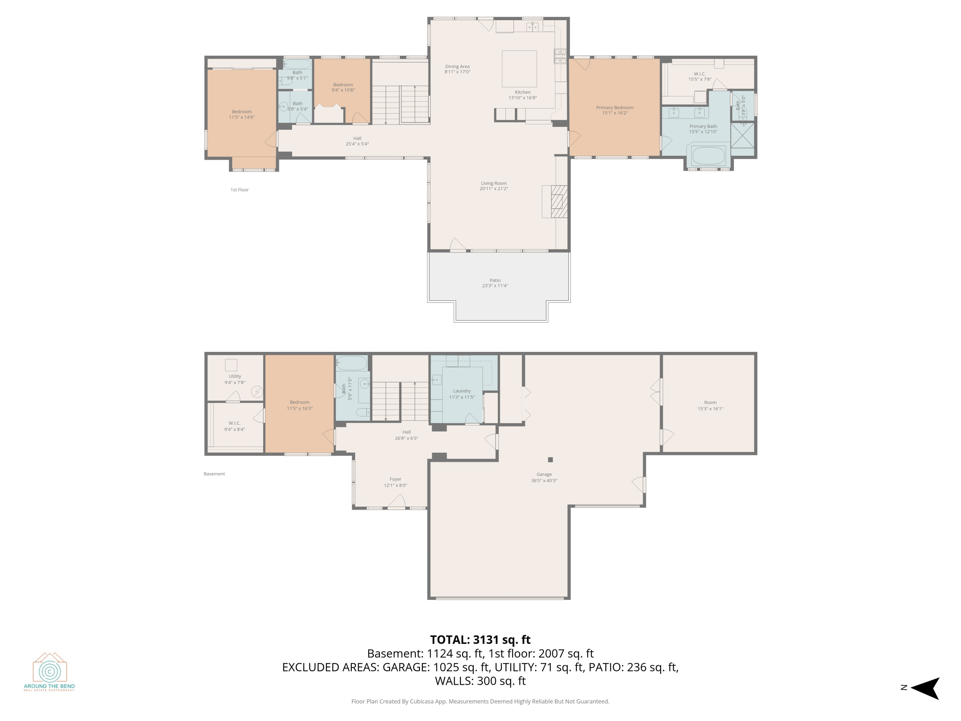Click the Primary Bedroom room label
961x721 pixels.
tap(615, 107)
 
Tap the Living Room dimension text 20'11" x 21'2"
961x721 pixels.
tap(494, 189)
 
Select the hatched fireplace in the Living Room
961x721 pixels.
tap(559, 202)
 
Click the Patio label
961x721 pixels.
tap(495, 280)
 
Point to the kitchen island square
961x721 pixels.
tap(519, 69)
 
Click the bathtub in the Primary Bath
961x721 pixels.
tap(708, 156)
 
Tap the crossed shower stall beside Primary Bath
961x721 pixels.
tap(743, 135)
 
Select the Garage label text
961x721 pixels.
tap(544, 474)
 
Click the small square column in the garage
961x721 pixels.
tap(550, 460)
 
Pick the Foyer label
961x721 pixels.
tap(395, 479)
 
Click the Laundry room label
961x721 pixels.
tap(462, 391)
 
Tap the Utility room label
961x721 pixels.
tap(234, 377)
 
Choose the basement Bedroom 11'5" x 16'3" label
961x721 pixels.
tap(300, 405)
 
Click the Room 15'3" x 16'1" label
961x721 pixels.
tap(710, 405)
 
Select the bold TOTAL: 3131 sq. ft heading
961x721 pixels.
tap(480, 640)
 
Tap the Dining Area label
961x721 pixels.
tap(457, 67)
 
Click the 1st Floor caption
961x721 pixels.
tap(239, 189)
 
